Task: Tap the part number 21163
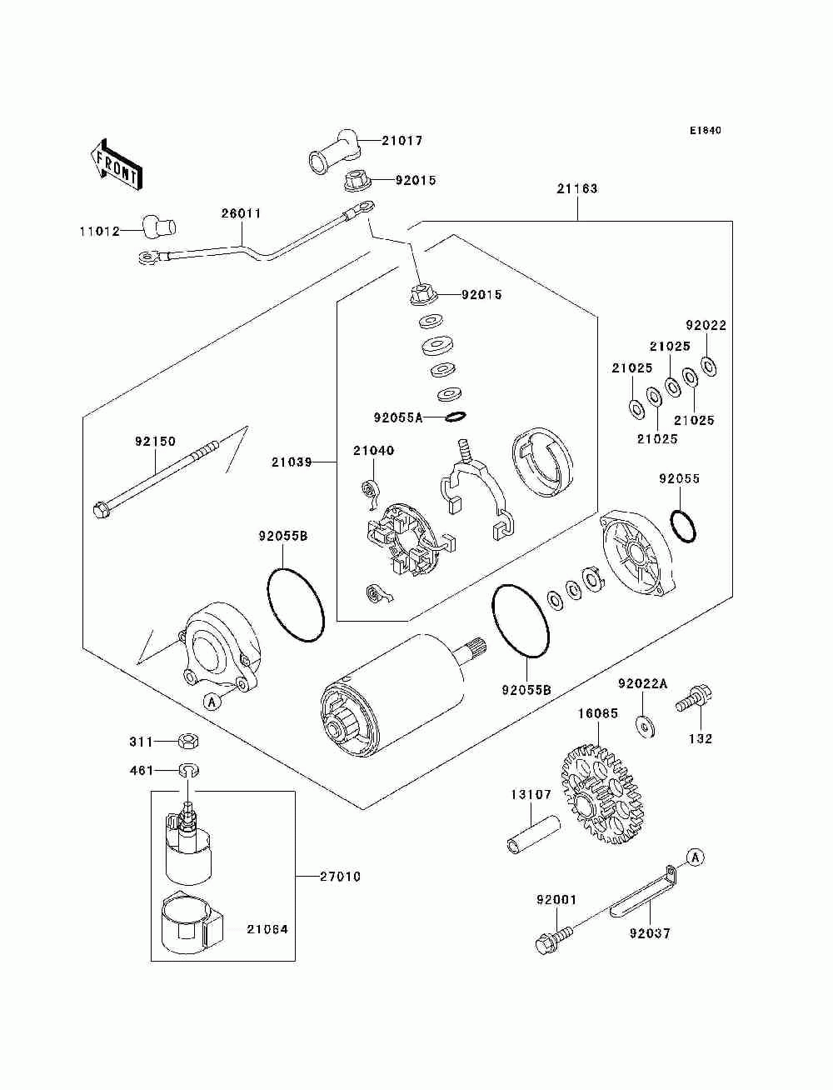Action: pyautogui.click(x=576, y=188)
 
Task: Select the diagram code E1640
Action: pyautogui.click(x=705, y=131)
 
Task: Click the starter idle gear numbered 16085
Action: pyautogui.click(x=601, y=794)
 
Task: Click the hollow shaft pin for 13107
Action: pyautogui.click(x=533, y=837)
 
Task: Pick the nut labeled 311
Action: pyautogui.click(x=189, y=742)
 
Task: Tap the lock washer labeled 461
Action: pyautogui.click(x=188, y=770)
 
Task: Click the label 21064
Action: pyautogui.click(x=267, y=929)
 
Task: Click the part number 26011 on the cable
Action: pyautogui.click(x=242, y=213)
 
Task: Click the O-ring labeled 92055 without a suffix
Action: pyautogui.click(x=682, y=526)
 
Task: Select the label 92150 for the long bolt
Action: pyautogui.click(x=156, y=441)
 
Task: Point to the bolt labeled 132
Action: pyautogui.click(x=694, y=698)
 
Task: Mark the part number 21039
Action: pyautogui.click(x=292, y=462)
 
